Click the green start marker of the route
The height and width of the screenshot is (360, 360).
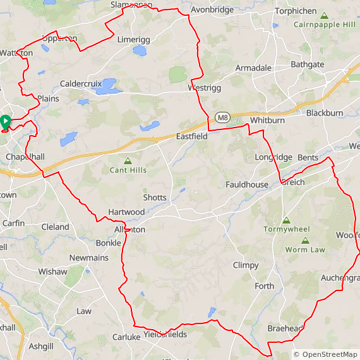tap(5, 121)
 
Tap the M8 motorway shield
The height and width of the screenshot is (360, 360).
tap(222, 117)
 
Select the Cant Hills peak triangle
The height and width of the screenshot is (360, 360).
tap(128, 161)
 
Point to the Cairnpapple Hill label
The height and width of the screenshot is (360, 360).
tap(325, 25)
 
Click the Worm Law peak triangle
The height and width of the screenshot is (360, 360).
tap(306, 241)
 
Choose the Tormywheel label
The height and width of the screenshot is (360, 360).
tap(286, 229)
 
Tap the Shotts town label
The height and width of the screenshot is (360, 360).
tap(155, 198)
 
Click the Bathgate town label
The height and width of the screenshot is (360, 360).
tap(308, 65)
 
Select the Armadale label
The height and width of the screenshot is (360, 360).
tap(253, 68)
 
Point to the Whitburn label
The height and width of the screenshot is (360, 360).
tap(267, 120)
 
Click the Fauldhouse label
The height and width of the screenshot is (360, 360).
tap(248, 184)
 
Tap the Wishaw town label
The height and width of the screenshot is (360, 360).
tap(52, 272)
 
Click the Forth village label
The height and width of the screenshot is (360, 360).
tap(265, 286)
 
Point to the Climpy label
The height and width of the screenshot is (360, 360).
tap(246, 265)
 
